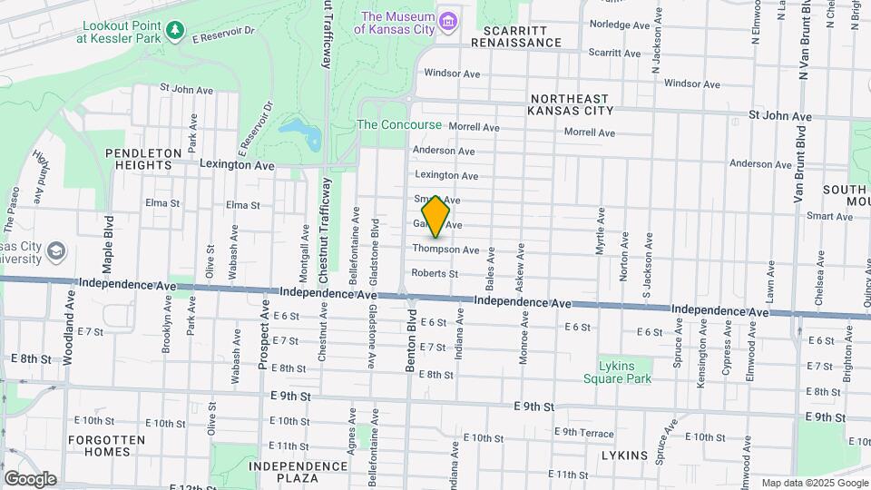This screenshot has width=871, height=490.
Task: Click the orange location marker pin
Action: (x=436, y=216)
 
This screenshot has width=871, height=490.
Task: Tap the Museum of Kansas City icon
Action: (x=447, y=21)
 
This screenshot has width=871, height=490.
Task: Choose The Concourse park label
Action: (x=399, y=124)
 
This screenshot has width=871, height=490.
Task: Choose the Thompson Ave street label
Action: (x=445, y=250)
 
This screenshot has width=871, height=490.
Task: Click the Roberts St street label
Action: (x=434, y=273)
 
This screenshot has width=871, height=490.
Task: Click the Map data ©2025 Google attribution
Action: (x=814, y=483)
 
